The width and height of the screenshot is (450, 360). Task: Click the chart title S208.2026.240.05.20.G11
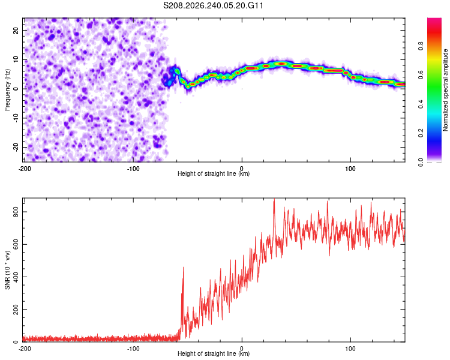213,5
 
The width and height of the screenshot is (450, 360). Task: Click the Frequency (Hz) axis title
7,90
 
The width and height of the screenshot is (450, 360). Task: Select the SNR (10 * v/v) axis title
7,270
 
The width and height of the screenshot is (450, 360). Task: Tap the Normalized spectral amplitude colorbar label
445,90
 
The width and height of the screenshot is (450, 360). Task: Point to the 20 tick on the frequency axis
16,30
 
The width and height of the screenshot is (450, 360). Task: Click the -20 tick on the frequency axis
16,147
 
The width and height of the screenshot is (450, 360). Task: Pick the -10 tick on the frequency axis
16,118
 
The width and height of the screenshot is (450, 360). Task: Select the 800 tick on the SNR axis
16,212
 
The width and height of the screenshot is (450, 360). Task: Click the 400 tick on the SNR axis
16,277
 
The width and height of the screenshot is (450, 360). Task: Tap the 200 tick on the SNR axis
16,310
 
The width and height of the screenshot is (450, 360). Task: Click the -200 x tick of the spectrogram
25,169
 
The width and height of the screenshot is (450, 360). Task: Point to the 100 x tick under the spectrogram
350,169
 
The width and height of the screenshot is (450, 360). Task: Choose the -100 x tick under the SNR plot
133,349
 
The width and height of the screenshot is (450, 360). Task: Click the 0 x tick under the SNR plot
242,349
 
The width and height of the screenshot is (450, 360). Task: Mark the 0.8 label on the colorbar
421,46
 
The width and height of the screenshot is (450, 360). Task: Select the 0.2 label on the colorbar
421,133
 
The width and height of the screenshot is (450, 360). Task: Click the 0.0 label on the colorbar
421,163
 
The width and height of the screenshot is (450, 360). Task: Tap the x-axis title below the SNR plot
214,353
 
